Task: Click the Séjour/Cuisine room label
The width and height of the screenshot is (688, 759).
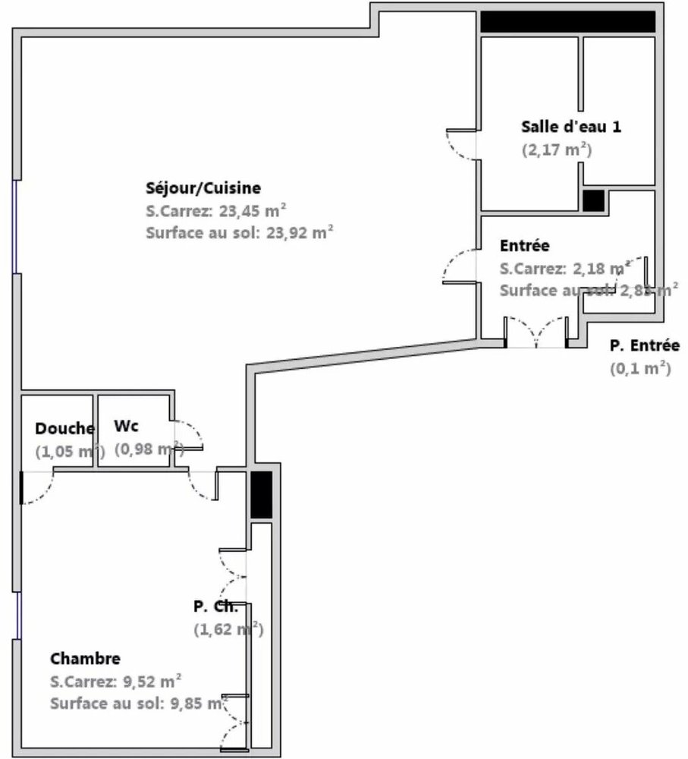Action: click(203, 187)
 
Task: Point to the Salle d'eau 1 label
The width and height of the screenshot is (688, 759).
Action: click(571, 126)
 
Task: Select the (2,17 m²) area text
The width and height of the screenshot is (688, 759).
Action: click(556, 150)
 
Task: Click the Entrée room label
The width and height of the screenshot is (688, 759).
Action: click(525, 246)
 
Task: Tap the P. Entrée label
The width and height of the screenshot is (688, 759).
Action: click(644, 346)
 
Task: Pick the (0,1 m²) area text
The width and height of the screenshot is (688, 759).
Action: click(640, 369)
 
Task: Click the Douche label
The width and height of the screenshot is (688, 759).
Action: click(64, 428)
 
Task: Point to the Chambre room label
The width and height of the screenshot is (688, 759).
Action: click(85, 658)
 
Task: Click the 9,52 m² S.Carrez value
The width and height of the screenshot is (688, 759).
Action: click(148, 680)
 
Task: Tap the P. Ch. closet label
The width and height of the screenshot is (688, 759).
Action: click(215, 606)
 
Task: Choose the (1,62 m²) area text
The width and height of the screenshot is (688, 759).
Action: click(228, 629)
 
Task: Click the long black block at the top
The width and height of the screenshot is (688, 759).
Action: click(567, 22)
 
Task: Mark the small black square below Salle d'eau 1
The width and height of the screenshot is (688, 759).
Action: click(593, 200)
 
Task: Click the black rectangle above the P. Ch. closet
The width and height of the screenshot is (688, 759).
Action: click(261, 495)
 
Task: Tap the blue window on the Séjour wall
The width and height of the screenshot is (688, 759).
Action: click(16, 226)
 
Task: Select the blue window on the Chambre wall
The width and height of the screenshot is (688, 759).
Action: click(16, 615)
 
